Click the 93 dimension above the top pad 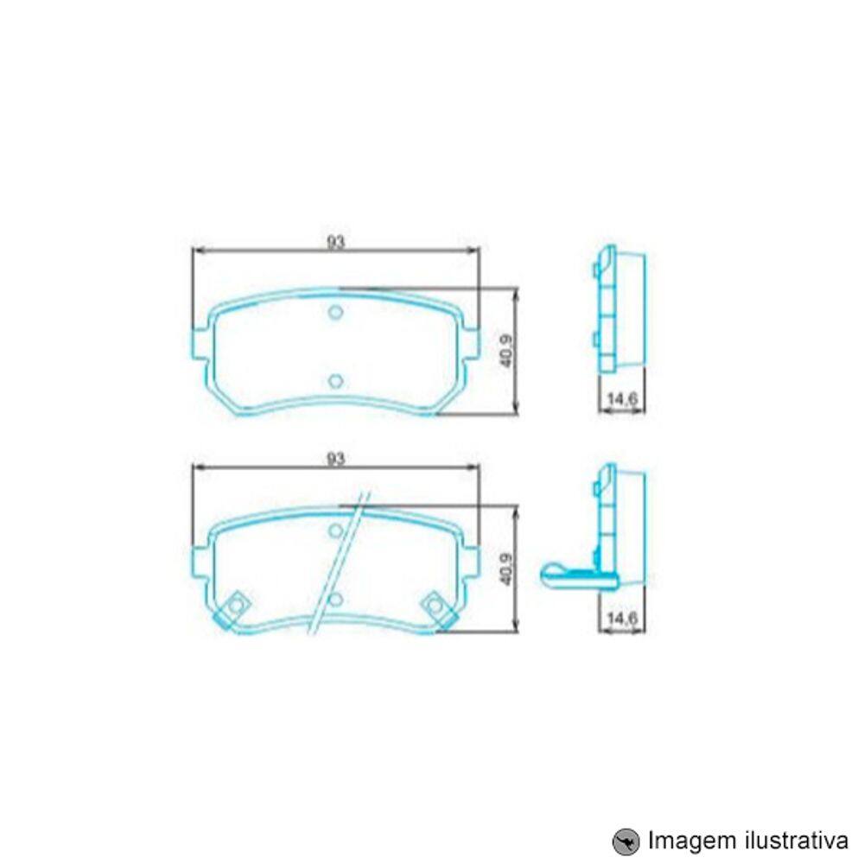tap(335, 243)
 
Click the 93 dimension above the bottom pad tap(335, 459)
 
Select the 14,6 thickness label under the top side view tap(622, 399)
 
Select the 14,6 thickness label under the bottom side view tap(622, 617)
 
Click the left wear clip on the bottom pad tap(234, 607)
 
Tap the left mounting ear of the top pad tap(199, 343)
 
